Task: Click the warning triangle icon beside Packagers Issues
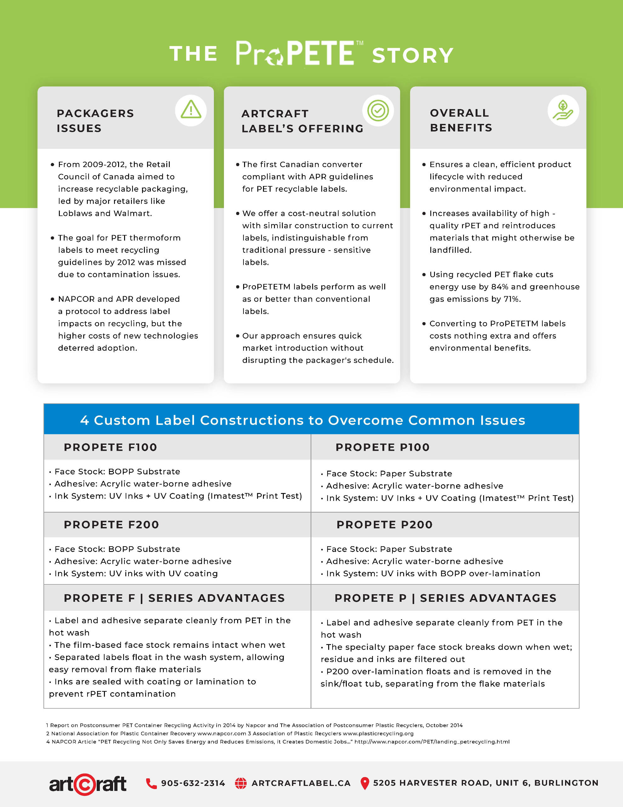(x=191, y=110)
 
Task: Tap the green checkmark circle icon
(x=378, y=110)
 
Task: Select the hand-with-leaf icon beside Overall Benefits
(x=563, y=110)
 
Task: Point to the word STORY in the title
(x=413, y=55)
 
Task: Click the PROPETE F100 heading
(x=111, y=447)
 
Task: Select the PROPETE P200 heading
(x=385, y=524)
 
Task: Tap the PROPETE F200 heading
(x=111, y=524)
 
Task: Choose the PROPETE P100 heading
(x=383, y=447)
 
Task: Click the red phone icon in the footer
(x=151, y=783)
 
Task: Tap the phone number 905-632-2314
(x=193, y=783)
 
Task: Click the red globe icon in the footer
(x=241, y=783)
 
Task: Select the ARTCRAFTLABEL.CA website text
(x=301, y=783)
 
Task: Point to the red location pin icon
(x=364, y=783)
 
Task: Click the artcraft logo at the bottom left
(x=88, y=784)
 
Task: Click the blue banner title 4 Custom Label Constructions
(x=302, y=420)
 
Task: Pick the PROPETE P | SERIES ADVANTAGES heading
(x=445, y=598)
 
